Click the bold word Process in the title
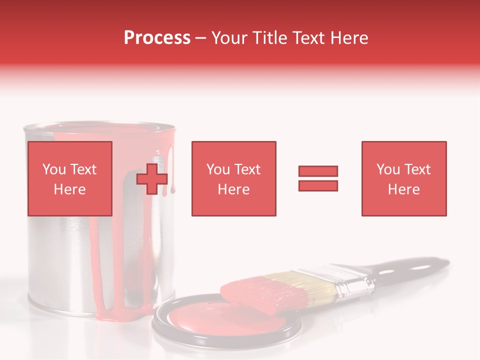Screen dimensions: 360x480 point(157,38)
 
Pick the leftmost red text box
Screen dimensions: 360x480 point(69,178)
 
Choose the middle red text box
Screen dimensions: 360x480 point(233,178)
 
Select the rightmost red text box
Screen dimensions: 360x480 point(403,178)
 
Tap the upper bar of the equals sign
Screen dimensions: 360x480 point(318,171)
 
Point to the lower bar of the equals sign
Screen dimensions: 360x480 point(318,185)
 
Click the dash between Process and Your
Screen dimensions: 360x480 point(201,38)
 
